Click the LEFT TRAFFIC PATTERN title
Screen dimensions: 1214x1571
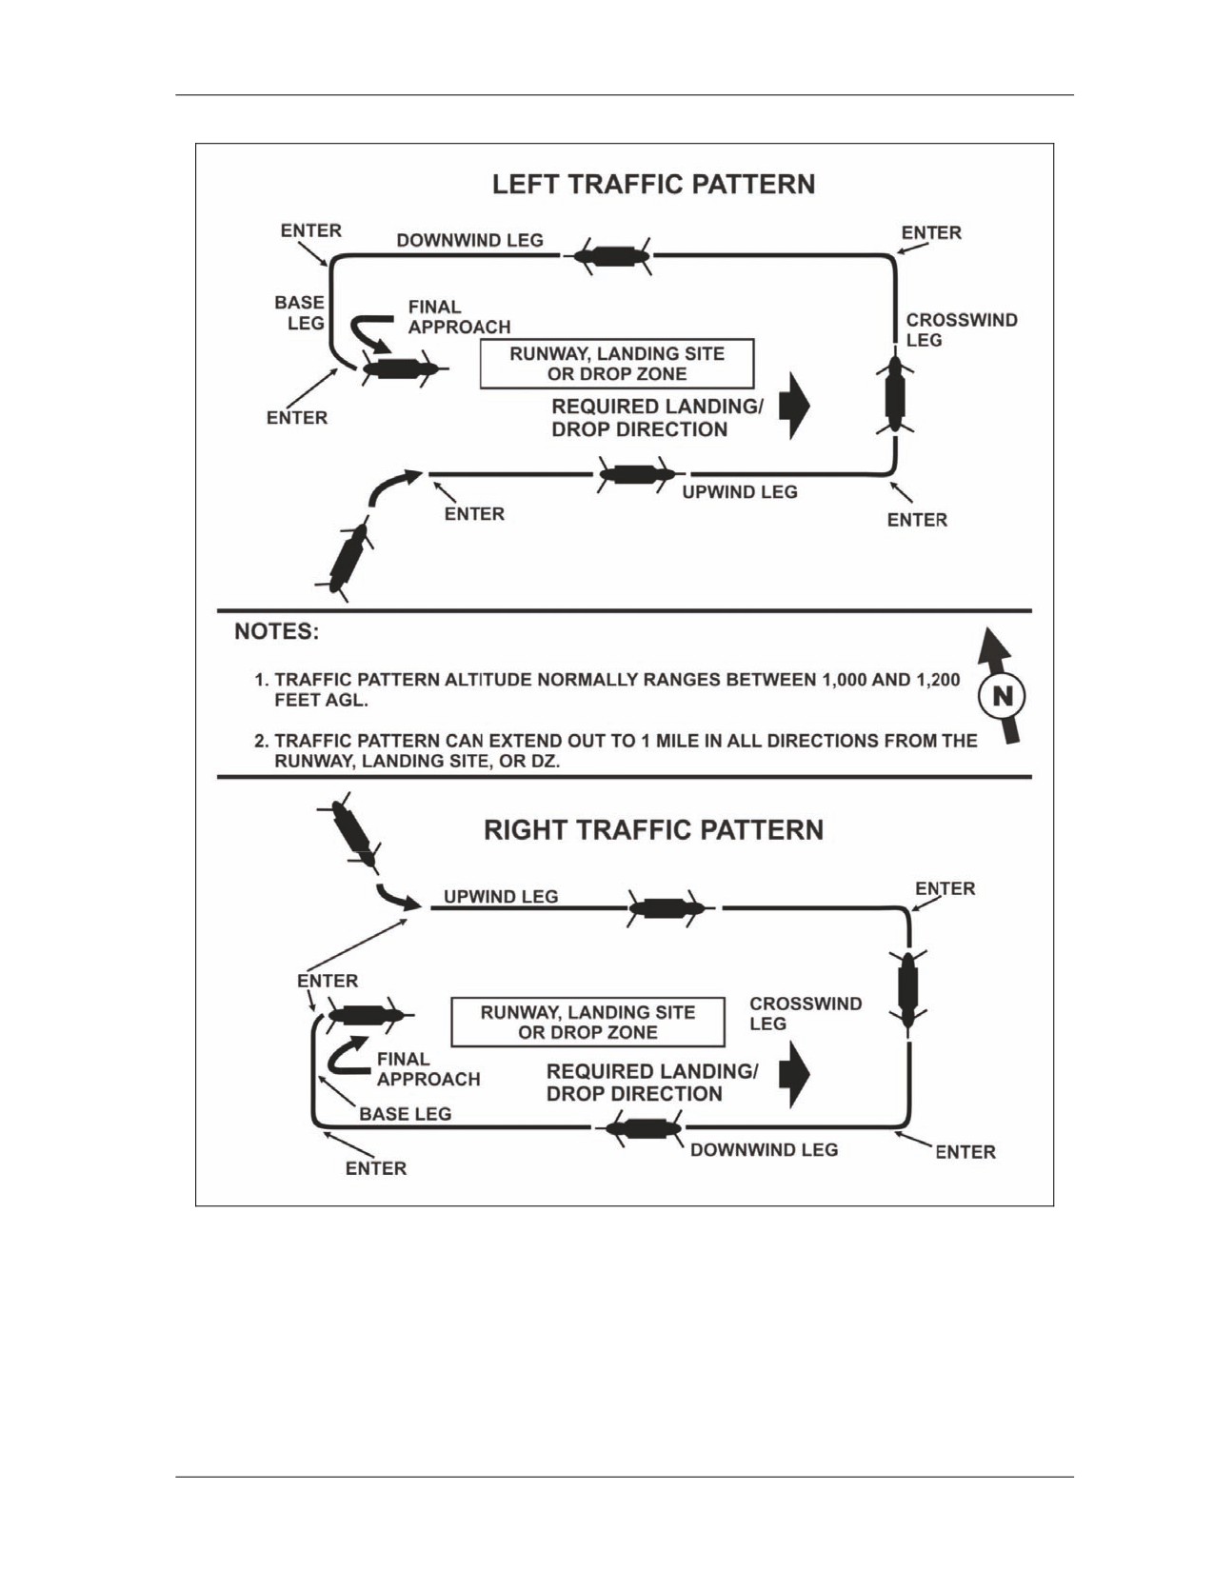(x=653, y=185)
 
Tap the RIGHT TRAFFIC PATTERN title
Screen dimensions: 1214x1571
(x=653, y=830)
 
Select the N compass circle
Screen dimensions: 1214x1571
(x=1002, y=697)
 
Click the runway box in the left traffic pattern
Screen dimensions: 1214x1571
(x=617, y=364)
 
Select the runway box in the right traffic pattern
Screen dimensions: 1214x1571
(x=587, y=1023)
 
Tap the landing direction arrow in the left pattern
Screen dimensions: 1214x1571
(x=795, y=407)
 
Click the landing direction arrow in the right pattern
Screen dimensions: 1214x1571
(x=795, y=1074)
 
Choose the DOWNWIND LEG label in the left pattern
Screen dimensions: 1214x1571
(x=470, y=240)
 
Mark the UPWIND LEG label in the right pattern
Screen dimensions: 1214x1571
(x=501, y=897)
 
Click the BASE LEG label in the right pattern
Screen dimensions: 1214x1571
(x=405, y=1114)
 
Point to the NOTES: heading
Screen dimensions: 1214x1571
(x=276, y=632)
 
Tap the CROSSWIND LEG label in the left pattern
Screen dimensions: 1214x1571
(x=962, y=329)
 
